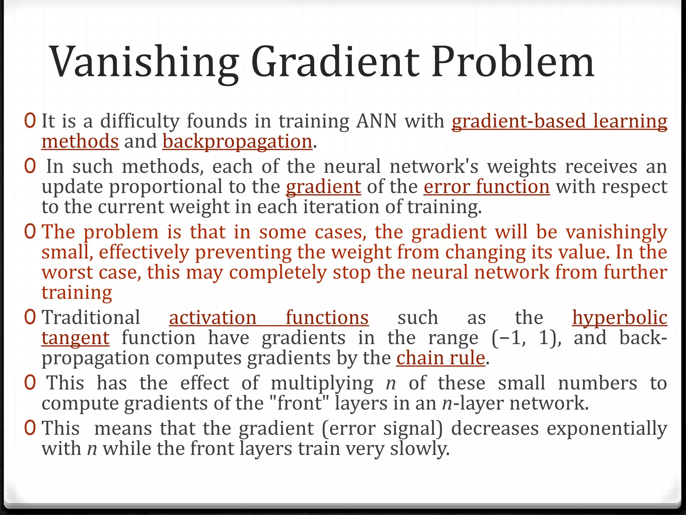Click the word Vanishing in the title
coord(144,63)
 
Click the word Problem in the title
coord(512,63)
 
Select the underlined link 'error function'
coord(486,187)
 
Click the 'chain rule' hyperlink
coord(440,358)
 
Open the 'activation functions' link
coord(269,318)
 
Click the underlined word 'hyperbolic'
coord(619,318)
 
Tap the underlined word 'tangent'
coord(75,338)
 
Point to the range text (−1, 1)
coord(527,338)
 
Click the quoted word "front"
coord(300,403)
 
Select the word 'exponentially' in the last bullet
coord(607,428)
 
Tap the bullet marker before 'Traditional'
coord(30,318)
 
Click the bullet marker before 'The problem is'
coord(30,232)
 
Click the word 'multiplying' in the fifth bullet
coord(322,383)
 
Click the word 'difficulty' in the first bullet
coord(140,121)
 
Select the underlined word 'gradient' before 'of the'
coord(323,187)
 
